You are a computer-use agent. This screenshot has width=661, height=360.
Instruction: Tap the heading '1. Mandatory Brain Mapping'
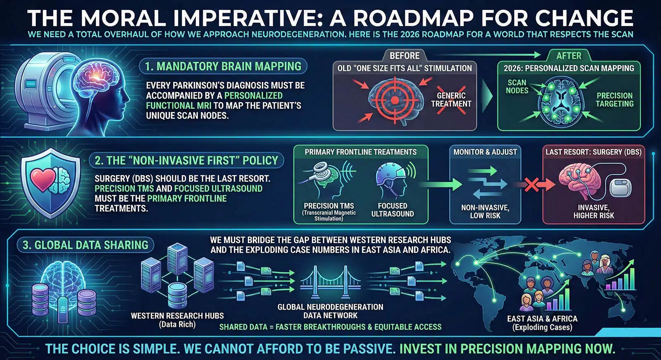click(x=223, y=66)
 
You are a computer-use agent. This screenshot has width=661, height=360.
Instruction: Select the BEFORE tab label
click(x=404, y=56)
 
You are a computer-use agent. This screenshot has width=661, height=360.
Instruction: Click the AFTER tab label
click(x=568, y=56)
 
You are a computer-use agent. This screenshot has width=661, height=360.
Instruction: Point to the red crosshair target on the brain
click(x=395, y=101)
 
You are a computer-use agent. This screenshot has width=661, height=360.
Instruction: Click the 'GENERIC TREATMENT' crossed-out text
click(x=451, y=99)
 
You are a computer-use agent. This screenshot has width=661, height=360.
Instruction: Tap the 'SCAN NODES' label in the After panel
click(x=517, y=87)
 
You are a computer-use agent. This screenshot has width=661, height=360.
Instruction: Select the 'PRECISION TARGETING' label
click(x=614, y=99)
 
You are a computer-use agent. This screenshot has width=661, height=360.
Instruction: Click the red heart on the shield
click(x=43, y=179)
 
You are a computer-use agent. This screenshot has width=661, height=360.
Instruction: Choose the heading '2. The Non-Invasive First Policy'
click(x=186, y=161)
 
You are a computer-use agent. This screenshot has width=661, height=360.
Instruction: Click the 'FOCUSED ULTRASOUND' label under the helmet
click(x=392, y=210)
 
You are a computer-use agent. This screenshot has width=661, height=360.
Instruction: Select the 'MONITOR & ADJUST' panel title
click(x=485, y=152)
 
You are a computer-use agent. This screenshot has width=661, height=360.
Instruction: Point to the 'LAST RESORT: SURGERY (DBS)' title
click(x=593, y=152)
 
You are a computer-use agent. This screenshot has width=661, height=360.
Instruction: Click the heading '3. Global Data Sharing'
click(x=85, y=245)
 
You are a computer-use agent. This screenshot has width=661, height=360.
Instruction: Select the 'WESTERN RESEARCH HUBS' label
click(x=177, y=316)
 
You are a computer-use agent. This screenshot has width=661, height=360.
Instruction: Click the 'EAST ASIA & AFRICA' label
click(x=542, y=319)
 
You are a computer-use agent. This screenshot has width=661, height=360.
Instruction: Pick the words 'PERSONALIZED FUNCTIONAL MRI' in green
click(x=214, y=101)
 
